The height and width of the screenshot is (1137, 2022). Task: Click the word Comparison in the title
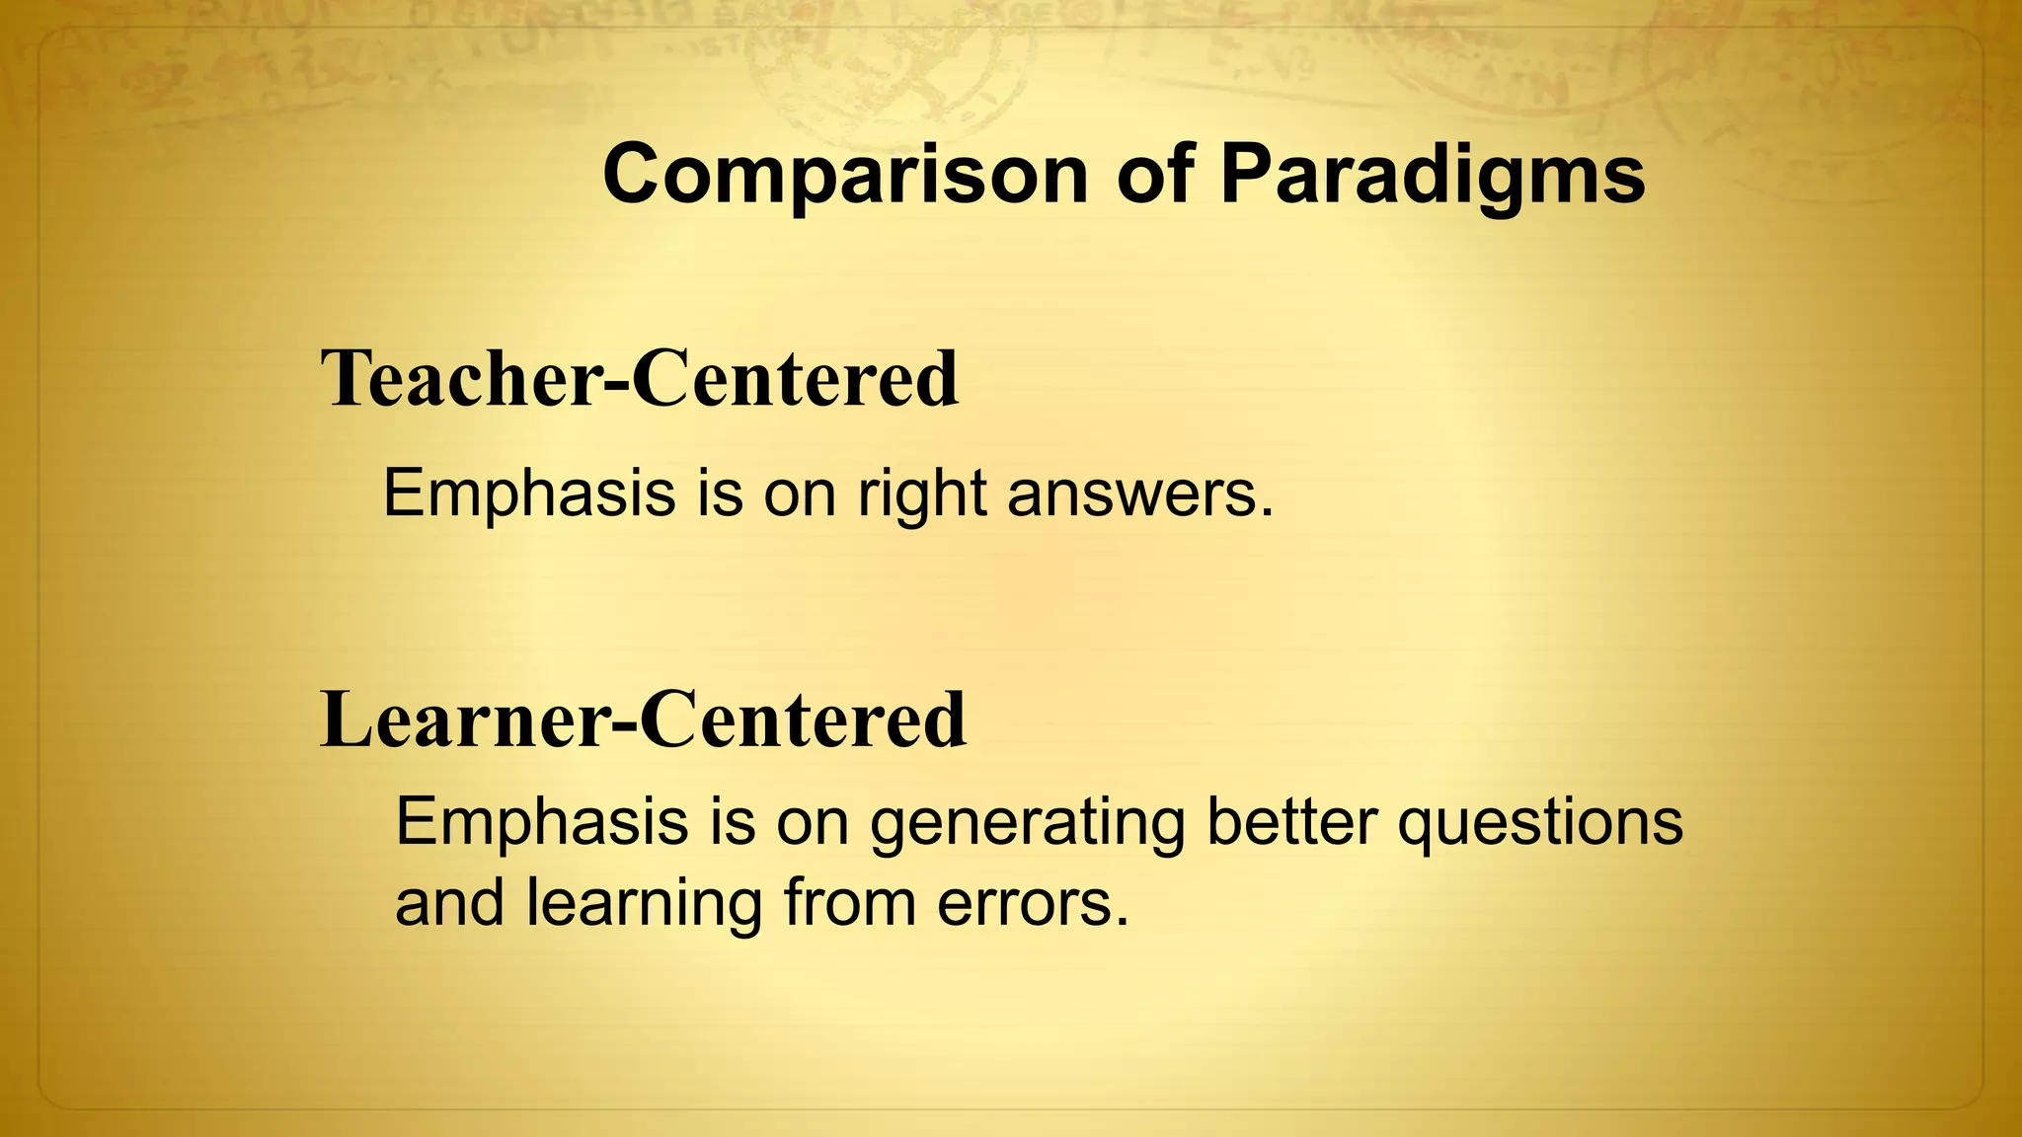(844, 176)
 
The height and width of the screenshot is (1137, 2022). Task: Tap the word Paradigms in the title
(1432, 176)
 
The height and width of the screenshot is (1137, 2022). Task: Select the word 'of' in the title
(1153, 176)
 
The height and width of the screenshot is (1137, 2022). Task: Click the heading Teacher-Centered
(640, 379)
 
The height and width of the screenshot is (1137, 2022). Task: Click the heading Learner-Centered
(644, 720)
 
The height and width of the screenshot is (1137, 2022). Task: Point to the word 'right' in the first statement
(921, 493)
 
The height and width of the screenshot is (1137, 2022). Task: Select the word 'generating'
(1027, 823)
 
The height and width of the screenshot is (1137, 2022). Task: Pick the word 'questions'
(1540, 823)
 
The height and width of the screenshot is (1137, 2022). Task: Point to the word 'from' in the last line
(850, 903)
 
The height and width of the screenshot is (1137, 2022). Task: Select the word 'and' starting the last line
(449, 903)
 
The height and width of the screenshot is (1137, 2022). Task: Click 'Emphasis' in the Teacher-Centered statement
(528, 493)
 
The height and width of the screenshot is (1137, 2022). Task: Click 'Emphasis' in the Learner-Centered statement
(541, 823)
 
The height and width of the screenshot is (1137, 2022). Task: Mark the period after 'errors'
(1121, 923)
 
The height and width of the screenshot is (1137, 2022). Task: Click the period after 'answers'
(1267, 513)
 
